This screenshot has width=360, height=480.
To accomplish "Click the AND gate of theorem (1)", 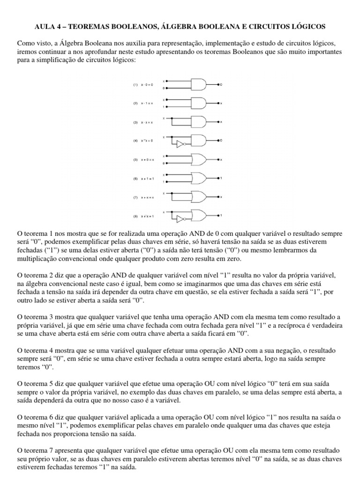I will [x=200, y=84].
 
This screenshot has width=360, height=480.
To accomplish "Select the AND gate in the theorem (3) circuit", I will [x=200, y=121].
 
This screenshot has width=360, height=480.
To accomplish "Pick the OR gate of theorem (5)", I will [x=200, y=159].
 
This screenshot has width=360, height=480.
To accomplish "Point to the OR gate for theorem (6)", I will [x=200, y=178].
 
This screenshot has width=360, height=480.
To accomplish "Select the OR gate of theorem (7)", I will [x=200, y=197].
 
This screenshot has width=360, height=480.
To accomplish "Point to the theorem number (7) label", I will [x=135, y=197].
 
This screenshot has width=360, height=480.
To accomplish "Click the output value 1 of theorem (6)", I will [x=222, y=178].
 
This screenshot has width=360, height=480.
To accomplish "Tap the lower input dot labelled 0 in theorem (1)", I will [x=166, y=88].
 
